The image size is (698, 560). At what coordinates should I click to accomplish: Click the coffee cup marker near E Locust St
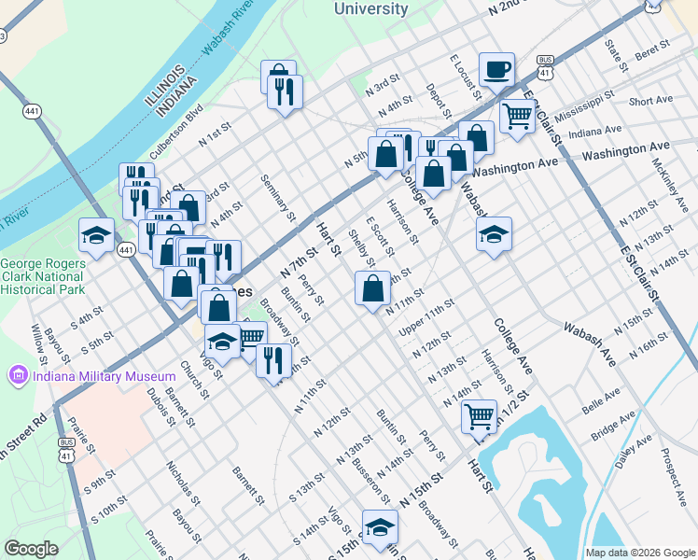pos(496,69)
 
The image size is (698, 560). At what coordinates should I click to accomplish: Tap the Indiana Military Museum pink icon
pos(17,376)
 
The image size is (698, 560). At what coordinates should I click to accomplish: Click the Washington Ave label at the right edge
pos(626,149)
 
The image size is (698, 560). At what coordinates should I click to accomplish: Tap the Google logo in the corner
pos(31,549)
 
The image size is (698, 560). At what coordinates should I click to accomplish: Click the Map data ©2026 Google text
pos(639,552)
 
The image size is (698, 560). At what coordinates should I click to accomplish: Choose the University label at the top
pos(370,9)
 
